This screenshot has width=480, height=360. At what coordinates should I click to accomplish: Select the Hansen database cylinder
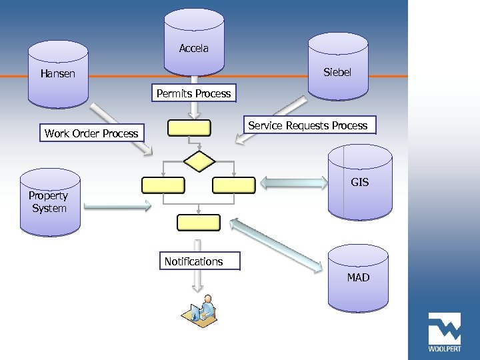[x=58, y=74]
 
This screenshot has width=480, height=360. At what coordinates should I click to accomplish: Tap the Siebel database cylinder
[x=337, y=67]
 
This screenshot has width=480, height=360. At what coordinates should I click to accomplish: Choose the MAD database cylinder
[x=358, y=278]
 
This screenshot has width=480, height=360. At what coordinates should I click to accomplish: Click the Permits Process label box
[x=193, y=93]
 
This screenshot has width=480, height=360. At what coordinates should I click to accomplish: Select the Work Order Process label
[x=91, y=133]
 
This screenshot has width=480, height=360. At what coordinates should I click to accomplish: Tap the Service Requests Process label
[x=307, y=125]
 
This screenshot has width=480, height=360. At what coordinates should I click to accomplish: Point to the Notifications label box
[x=194, y=261]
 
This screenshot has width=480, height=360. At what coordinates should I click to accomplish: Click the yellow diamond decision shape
[x=199, y=161]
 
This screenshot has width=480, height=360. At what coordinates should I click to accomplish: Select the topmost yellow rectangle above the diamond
[x=189, y=127]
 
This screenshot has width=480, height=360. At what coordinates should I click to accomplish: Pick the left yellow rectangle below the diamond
[x=163, y=185]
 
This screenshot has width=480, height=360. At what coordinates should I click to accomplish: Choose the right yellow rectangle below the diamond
[x=233, y=185]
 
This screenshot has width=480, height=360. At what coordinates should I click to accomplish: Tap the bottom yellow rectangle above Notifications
[x=198, y=222]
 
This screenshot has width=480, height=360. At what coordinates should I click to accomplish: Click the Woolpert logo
[x=444, y=331]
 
